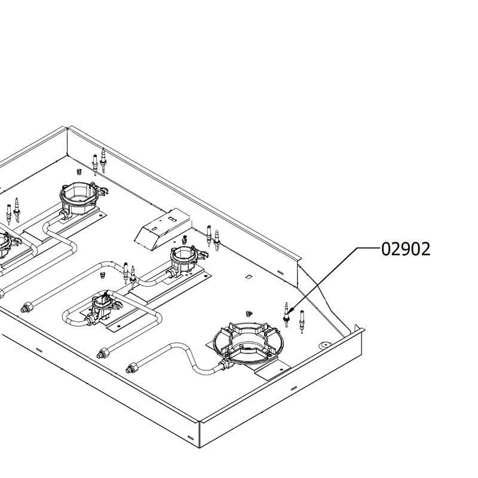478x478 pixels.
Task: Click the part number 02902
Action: tap(406, 249)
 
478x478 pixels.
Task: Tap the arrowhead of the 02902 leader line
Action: tap(290, 311)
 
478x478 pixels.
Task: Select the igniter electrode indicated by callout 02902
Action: tap(286, 315)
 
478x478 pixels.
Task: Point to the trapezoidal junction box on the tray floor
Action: tap(163, 229)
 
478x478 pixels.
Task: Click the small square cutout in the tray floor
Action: tap(249, 277)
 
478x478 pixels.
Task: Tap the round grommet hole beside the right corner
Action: tap(325, 345)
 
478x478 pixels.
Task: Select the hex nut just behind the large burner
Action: tap(249, 313)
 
